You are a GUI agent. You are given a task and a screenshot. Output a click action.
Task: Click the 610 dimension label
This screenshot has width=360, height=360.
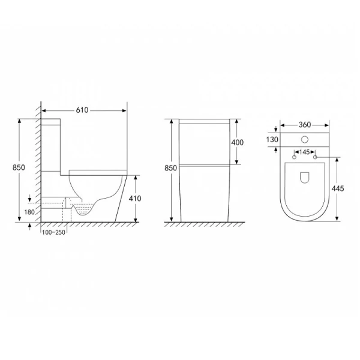tap(82, 110)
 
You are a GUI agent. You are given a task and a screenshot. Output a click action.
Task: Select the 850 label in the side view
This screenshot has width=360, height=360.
tap(19, 167)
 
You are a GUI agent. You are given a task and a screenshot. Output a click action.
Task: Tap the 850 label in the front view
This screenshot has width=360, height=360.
tap(170, 168)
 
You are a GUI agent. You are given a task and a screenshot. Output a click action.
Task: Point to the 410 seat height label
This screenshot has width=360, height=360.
tap(135, 199)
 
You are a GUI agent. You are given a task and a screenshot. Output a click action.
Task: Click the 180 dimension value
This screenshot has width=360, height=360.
tap(29, 212)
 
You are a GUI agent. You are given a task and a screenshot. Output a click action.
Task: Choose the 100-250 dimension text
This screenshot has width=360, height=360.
tap(54, 232)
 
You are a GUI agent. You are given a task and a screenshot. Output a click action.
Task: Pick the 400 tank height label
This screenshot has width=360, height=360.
tap(237, 143)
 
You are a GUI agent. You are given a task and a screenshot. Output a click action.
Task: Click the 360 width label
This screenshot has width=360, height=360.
tap(305, 125)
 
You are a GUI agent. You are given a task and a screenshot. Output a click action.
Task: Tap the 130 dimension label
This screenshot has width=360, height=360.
tap(272, 139)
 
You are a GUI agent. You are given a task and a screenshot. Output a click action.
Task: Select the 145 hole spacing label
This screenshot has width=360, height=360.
tap(304, 152)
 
